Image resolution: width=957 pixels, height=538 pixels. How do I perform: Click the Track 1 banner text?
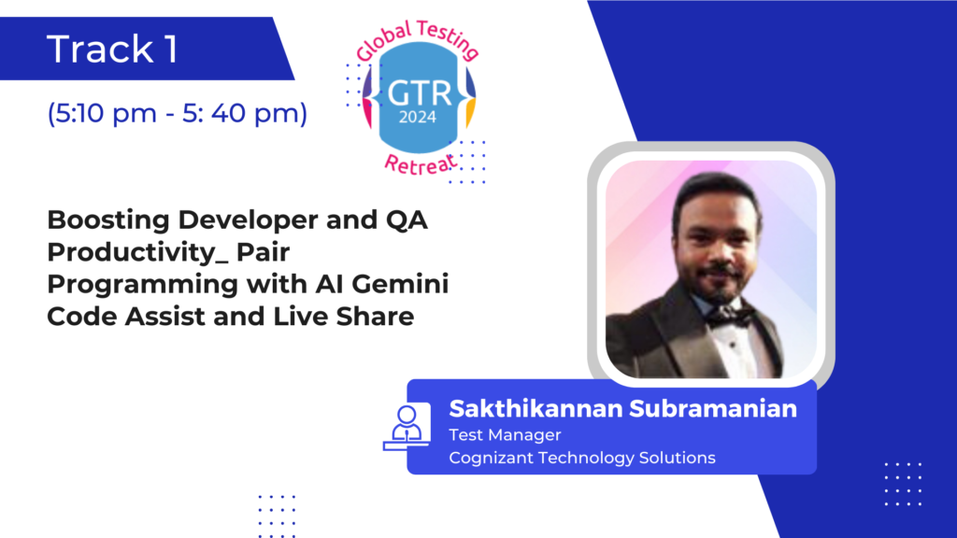(x=112, y=49)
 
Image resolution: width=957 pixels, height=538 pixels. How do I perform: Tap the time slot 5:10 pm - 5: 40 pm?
(x=177, y=113)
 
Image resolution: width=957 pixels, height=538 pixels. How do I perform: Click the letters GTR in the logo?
(x=420, y=94)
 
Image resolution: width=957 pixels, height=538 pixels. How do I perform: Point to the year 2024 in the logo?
(x=418, y=117)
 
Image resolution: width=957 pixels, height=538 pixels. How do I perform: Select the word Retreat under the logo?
(x=421, y=164)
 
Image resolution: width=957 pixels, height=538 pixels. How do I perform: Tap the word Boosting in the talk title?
(x=108, y=220)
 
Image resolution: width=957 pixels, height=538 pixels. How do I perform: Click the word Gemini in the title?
(x=400, y=284)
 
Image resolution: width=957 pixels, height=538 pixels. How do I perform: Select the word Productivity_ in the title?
(x=137, y=252)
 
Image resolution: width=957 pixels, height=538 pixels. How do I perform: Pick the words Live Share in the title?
(x=343, y=317)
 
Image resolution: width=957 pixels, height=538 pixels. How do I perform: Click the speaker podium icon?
(x=407, y=427)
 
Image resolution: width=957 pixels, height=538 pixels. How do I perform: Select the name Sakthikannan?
(x=536, y=409)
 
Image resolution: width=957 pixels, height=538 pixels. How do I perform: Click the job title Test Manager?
(x=505, y=435)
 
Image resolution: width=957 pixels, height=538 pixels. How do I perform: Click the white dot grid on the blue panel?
(x=904, y=484)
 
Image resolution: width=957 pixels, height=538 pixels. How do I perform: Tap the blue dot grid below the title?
(x=277, y=516)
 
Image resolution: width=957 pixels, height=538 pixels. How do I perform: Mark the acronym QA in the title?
(x=407, y=220)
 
